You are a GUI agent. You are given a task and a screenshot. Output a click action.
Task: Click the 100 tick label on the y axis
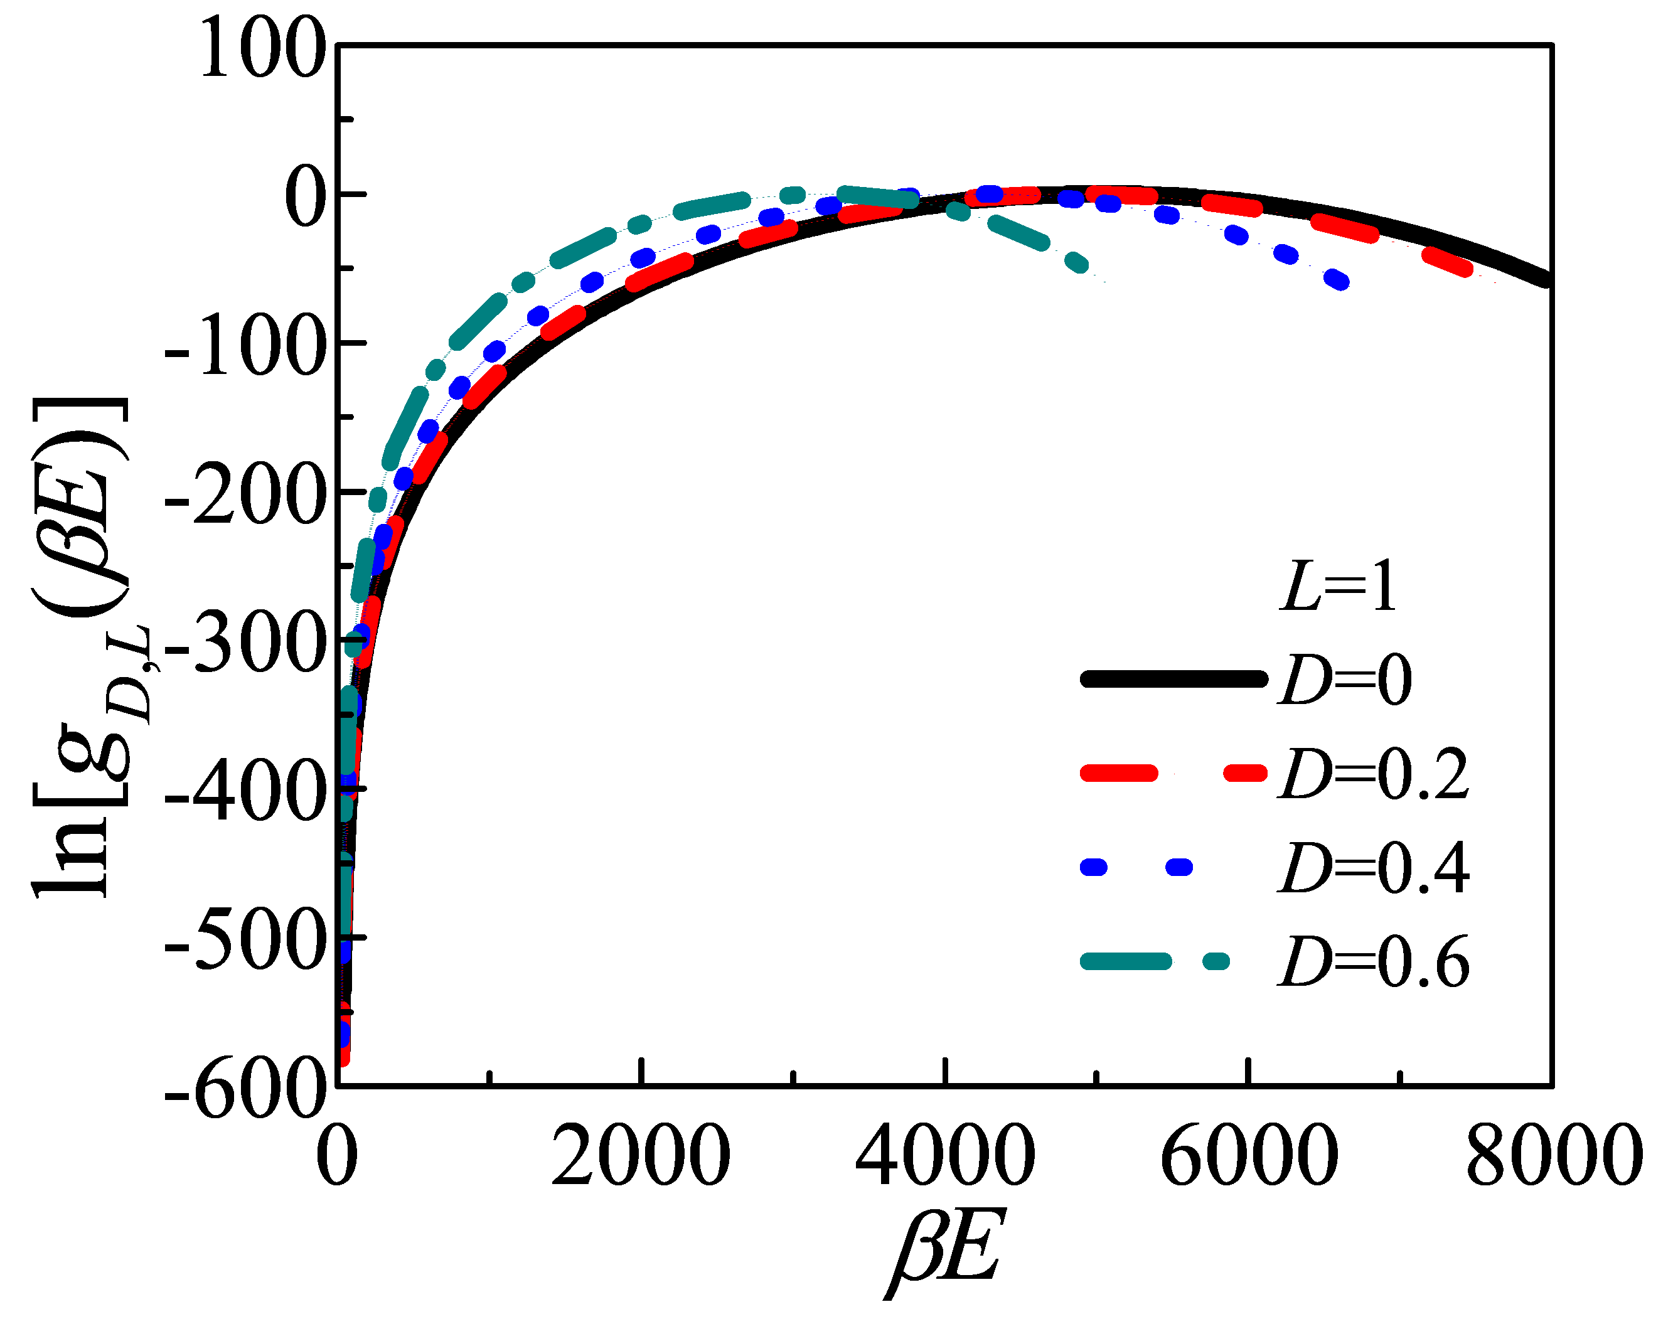[262, 48]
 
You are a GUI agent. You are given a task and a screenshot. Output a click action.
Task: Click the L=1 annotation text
[1338, 587]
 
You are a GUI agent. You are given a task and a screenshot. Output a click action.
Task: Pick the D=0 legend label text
[1345, 680]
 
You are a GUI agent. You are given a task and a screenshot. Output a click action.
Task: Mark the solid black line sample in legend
[1173, 679]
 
